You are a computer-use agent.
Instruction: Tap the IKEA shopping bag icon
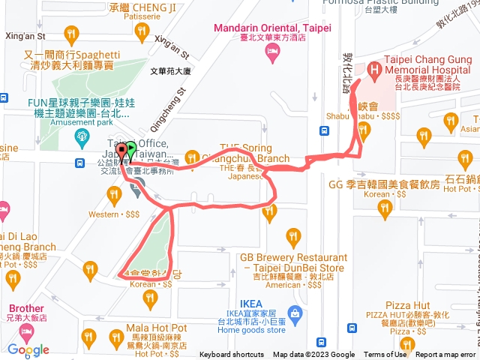[297, 312]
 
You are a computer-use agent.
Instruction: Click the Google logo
[28, 350]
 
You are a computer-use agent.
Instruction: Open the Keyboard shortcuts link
[232, 355]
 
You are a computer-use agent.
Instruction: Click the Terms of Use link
[385, 355]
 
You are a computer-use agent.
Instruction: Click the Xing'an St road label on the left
[25, 35]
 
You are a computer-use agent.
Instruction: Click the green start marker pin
[132, 150]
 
